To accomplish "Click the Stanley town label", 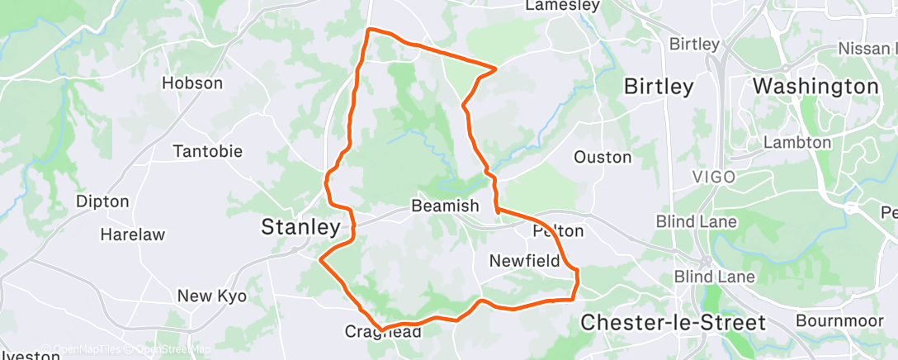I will click(300, 227).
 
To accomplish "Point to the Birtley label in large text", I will click(658, 86).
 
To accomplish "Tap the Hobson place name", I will click(192, 83).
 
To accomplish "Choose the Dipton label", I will click(102, 201).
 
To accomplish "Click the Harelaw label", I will click(132, 234).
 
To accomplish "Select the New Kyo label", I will click(212, 296).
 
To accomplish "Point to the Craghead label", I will click(382, 332).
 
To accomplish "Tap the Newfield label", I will click(524, 261).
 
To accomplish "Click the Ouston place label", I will click(603, 157).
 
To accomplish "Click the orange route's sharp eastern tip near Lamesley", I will click(495, 68).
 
